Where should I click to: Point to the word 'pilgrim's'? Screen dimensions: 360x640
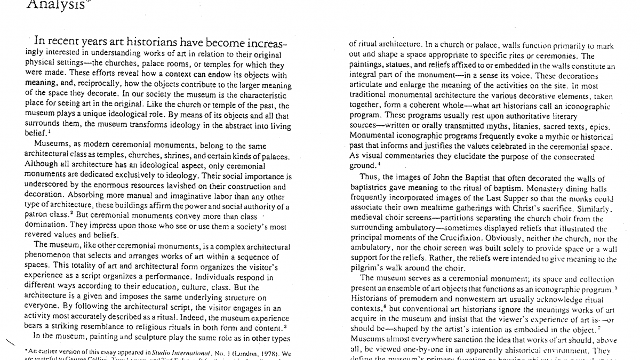365,268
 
